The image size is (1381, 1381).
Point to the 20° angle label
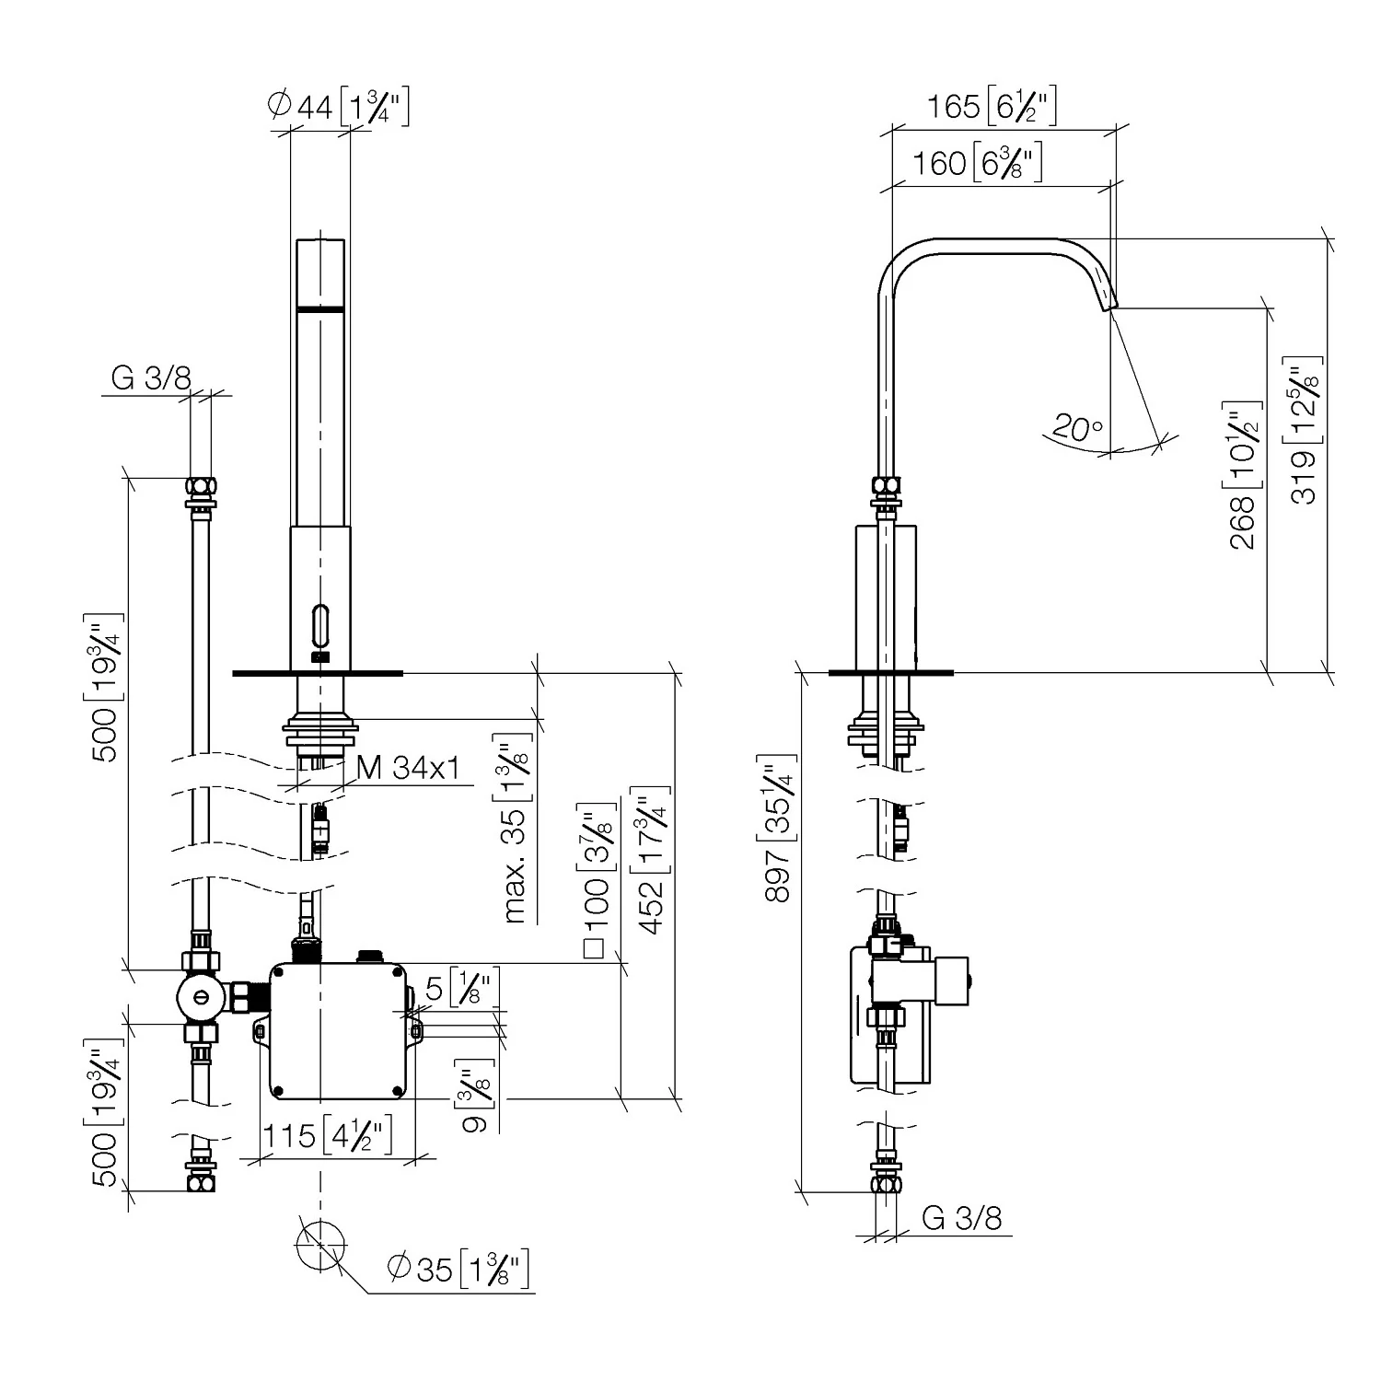[1077, 428]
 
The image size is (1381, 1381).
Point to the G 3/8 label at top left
[151, 377]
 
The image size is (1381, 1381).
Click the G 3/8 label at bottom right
[961, 1218]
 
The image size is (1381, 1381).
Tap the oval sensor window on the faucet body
[319, 625]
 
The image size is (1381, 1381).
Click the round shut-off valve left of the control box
[201, 994]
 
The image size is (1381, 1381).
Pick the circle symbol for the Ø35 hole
[320, 1245]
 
